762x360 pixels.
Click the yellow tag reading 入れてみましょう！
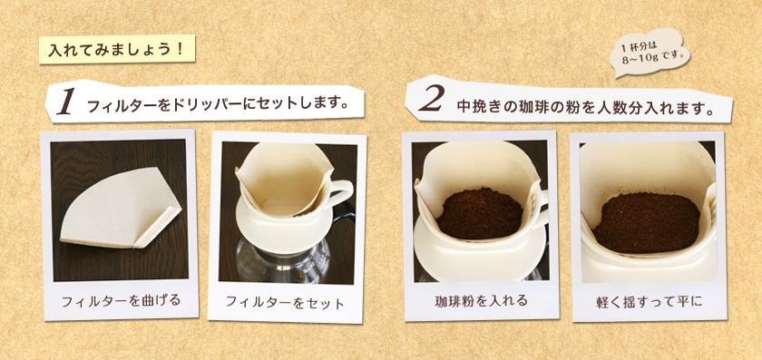117,49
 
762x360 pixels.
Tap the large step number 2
431,100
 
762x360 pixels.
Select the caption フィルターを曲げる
121,300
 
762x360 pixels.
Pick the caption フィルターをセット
285,302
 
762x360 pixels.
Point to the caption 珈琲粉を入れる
481,301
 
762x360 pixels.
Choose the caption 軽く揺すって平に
650,302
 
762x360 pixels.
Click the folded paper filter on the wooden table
121,208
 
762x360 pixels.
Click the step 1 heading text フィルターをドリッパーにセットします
219,105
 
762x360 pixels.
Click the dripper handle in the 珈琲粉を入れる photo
541,209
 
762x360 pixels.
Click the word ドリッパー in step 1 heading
206,105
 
